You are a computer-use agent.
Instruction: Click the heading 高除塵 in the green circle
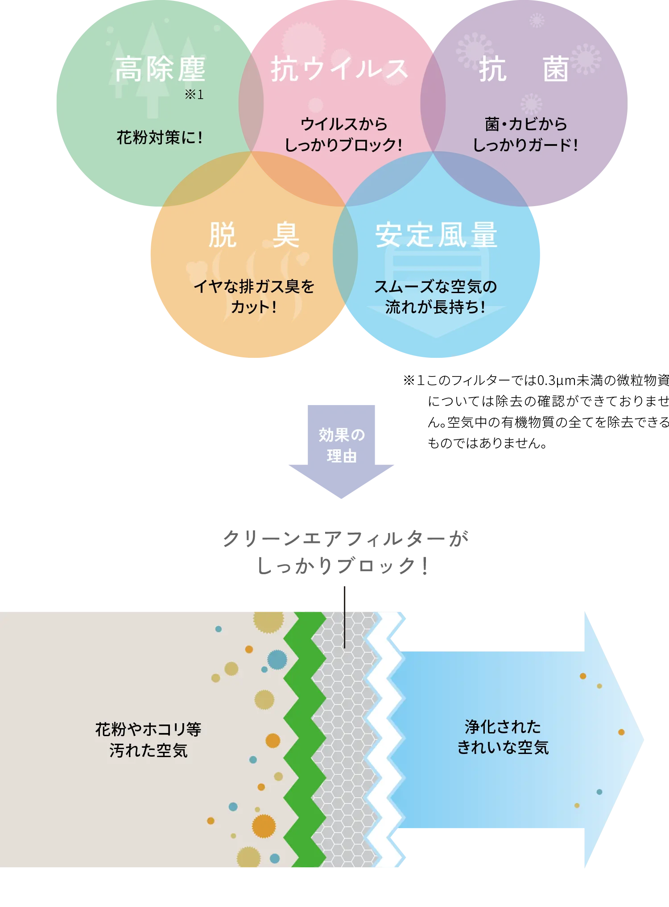pos(160,69)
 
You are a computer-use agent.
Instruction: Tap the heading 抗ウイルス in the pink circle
pos(339,70)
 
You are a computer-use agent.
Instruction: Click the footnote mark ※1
pos(194,95)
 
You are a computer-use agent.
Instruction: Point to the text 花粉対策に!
pos(160,137)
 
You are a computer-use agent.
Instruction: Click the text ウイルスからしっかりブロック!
pos(343,134)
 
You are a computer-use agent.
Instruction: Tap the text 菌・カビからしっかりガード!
pos(525,134)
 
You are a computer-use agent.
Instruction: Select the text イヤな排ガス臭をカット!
pos(254,297)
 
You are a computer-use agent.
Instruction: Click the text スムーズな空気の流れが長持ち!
pos(435,297)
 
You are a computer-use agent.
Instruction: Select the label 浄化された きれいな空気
pos(503,737)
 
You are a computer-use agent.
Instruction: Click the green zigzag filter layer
pos(305,741)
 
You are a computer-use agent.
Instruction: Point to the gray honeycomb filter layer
pos(344,741)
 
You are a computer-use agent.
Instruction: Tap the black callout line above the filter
pos(344,616)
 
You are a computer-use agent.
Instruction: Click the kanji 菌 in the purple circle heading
pos(556,70)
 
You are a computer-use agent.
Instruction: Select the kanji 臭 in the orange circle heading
pos(285,235)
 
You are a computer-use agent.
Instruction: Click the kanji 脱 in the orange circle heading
pos(222,235)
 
